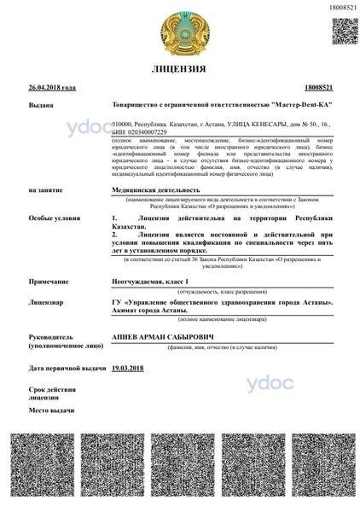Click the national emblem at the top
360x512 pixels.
182,30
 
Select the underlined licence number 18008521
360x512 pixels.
316,88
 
